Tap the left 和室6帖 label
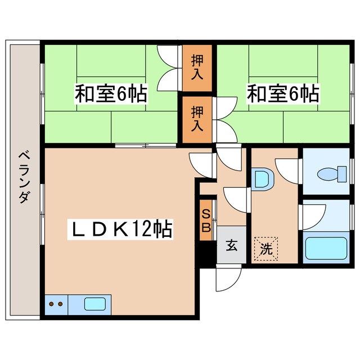(x=111, y=93)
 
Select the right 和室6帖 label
(x=282, y=93)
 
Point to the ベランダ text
(x=24, y=177)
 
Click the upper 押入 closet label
(x=197, y=66)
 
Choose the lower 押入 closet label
(x=197, y=118)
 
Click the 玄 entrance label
(x=232, y=245)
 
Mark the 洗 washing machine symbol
(x=265, y=248)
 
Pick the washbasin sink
(x=262, y=179)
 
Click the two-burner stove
(x=56, y=304)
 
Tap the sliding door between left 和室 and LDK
(x=145, y=146)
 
